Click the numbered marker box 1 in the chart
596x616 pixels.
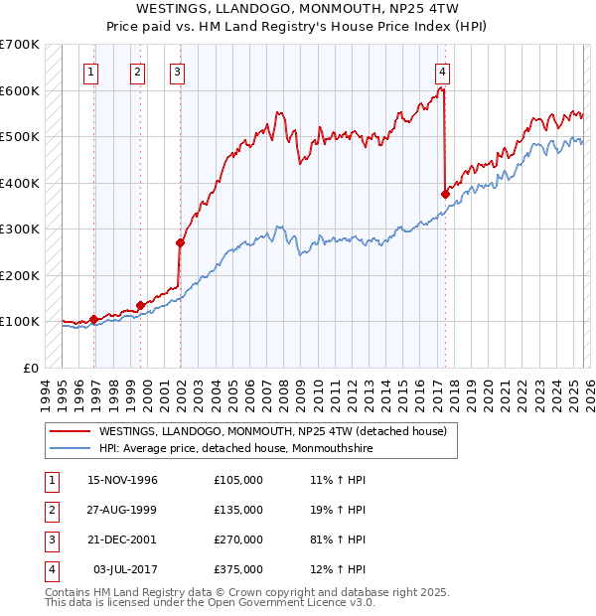tap(90, 72)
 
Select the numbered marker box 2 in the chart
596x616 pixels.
tap(137, 72)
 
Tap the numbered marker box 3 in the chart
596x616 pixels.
tap(176, 72)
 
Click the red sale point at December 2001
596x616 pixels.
tap(181, 242)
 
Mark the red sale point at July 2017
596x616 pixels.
tap(444, 194)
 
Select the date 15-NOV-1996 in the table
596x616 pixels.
tap(122, 480)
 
